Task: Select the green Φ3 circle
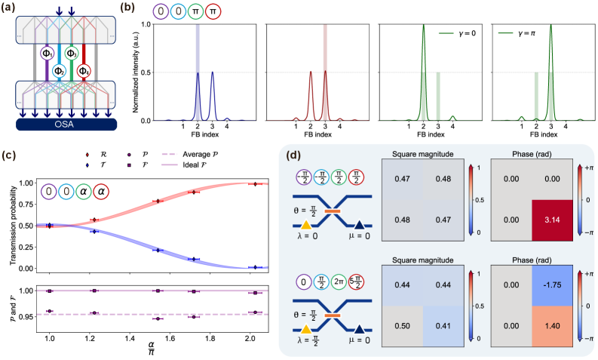pyautogui.click(x=71, y=54)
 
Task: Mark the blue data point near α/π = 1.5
pyautogui.click(x=158, y=250)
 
